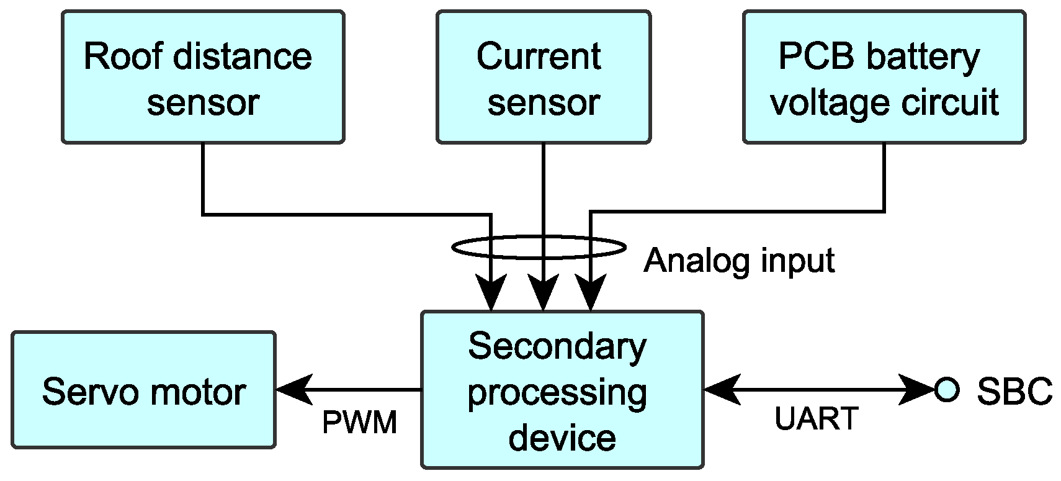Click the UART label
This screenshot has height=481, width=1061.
click(x=816, y=419)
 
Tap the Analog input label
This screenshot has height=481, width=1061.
click(x=739, y=261)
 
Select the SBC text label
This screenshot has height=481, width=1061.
click(x=1014, y=392)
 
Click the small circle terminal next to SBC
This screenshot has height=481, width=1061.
click(x=946, y=390)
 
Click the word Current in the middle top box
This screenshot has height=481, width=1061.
click(x=538, y=56)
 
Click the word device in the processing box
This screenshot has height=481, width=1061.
click(x=562, y=438)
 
